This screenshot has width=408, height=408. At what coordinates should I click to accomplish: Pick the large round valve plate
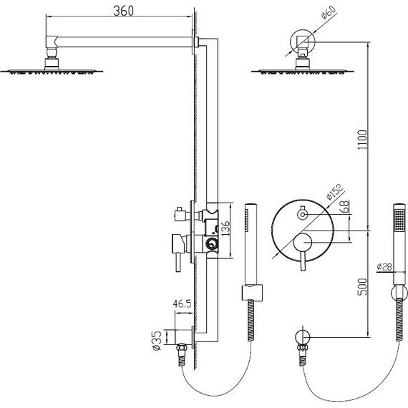coord(301,232)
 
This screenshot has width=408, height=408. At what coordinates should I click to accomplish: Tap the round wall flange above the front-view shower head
coord(301,37)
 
